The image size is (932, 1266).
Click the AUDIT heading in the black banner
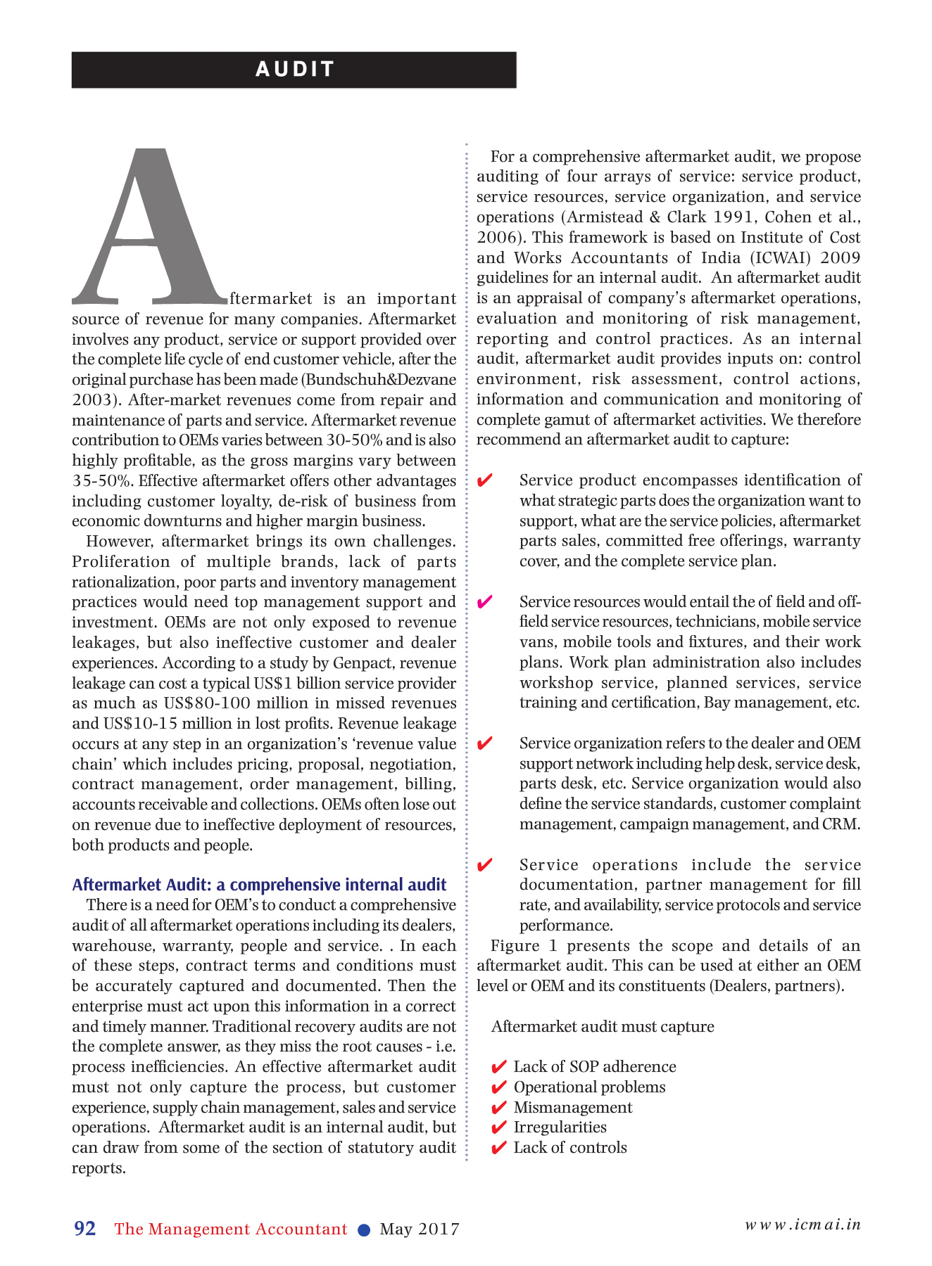point(294,69)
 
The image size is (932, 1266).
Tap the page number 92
point(84,1229)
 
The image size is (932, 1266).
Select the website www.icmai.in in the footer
point(802,1225)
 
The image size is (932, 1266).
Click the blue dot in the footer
point(364,1229)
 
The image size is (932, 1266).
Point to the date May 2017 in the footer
point(420,1229)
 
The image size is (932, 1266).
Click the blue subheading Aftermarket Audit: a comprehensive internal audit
point(259,885)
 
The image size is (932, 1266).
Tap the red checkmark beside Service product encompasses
point(484,481)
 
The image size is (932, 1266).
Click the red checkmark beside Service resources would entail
point(484,603)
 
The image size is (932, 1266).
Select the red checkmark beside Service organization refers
point(484,744)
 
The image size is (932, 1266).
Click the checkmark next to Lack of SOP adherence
point(498,1068)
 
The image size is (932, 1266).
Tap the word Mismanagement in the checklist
point(572,1108)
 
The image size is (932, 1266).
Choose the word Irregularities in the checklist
point(560,1127)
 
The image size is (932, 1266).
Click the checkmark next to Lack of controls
point(498,1149)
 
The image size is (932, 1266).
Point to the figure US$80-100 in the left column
point(204,703)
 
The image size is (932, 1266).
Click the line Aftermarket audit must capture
point(603,1027)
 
